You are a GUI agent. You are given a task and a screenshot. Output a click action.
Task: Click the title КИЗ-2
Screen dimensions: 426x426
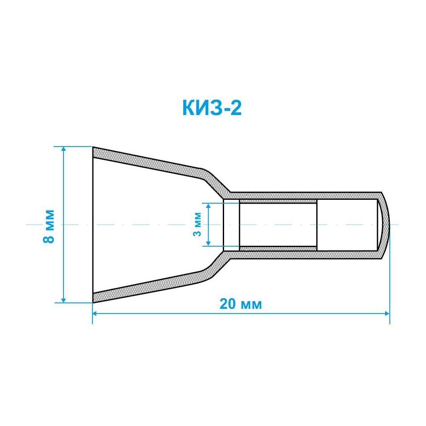212,108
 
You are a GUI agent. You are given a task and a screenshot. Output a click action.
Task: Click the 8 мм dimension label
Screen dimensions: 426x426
49,226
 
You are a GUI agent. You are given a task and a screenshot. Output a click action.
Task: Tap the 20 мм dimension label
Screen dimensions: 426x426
241,304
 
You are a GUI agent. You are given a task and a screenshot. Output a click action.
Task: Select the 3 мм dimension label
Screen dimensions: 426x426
198,224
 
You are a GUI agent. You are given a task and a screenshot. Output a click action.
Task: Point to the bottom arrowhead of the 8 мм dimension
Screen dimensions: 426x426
63,300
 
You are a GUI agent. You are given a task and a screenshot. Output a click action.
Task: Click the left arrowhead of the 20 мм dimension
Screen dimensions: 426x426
95,314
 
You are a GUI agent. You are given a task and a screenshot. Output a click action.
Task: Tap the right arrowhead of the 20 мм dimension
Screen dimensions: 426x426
387,314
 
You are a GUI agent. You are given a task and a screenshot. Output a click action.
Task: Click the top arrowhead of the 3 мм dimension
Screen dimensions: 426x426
208,205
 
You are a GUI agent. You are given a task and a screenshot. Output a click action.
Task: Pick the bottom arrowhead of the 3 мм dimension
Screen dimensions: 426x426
208,243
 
